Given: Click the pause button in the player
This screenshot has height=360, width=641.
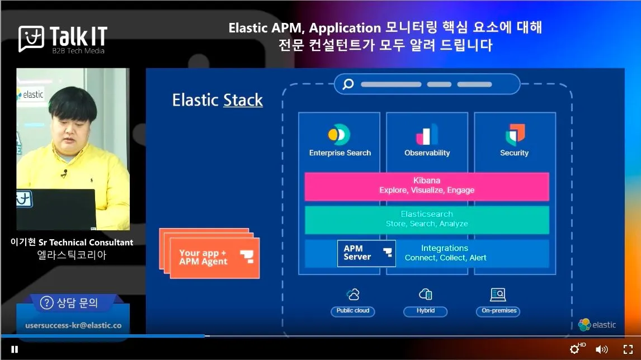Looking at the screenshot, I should [x=15, y=349].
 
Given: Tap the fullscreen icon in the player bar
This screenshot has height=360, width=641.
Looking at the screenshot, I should [x=628, y=350].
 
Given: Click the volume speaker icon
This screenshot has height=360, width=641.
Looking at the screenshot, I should [x=601, y=350].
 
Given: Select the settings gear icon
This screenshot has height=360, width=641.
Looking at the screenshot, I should [x=574, y=350].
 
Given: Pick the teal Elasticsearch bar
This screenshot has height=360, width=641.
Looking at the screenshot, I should [x=426, y=219].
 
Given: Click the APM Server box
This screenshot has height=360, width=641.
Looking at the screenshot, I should [x=366, y=253].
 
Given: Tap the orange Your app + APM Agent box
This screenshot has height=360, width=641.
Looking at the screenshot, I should [x=214, y=258].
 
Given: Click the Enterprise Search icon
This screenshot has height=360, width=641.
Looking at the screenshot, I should [x=339, y=135].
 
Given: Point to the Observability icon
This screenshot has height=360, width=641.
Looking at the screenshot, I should [x=427, y=135].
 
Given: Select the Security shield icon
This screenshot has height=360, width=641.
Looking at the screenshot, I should [x=515, y=135].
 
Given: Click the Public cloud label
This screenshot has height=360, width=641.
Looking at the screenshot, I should [x=353, y=311].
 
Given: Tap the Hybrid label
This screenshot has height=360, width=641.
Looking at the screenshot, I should [x=426, y=311].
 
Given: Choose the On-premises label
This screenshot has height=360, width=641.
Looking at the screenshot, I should [x=499, y=311].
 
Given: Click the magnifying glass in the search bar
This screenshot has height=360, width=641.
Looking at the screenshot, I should [x=348, y=84].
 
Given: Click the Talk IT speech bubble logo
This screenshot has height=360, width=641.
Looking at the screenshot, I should [x=31, y=39].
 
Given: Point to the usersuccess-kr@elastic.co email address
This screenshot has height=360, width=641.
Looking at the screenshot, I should [x=73, y=325].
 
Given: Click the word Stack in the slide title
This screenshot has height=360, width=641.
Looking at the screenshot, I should [x=243, y=100].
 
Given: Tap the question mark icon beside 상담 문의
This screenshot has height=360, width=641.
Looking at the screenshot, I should [x=47, y=303].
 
